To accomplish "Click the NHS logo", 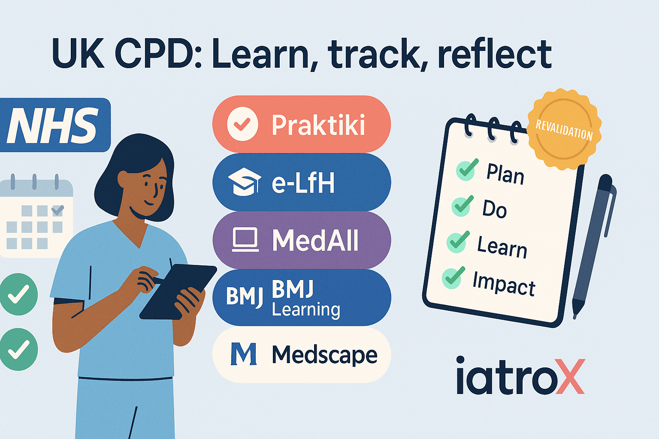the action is pos(55,125).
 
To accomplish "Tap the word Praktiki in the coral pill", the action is pos(318,125).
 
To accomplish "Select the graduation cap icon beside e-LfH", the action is pos(245,182).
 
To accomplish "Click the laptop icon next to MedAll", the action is pos(245,240).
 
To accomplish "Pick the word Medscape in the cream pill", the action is pos(324,355).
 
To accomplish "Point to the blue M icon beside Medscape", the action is pos(243,354).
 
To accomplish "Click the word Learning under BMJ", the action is pos(306,310).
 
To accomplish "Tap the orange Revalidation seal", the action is pos(564,129).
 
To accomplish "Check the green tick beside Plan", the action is pos(467,169).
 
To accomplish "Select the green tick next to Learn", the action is pos(458,242).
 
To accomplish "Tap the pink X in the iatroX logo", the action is pos(570,376).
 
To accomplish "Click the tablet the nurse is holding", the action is pos(178,292).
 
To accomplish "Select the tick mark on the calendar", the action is pos(57,210).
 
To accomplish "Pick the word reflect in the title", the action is pos(495,54).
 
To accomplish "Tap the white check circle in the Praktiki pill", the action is pos(243,124).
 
